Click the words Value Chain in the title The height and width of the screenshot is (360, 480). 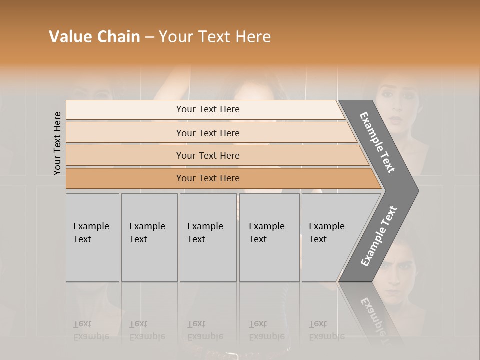click(x=94, y=37)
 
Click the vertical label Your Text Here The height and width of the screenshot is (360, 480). click(x=57, y=143)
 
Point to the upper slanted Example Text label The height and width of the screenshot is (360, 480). click(x=377, y=143)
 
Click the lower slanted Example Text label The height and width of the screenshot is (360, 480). click(x=379, y=236)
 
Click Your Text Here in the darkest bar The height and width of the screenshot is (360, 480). click(x=208, y=178)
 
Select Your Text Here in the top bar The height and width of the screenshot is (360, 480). click(x=208, y=109)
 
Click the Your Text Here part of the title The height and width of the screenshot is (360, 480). click(x=215, y=37)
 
